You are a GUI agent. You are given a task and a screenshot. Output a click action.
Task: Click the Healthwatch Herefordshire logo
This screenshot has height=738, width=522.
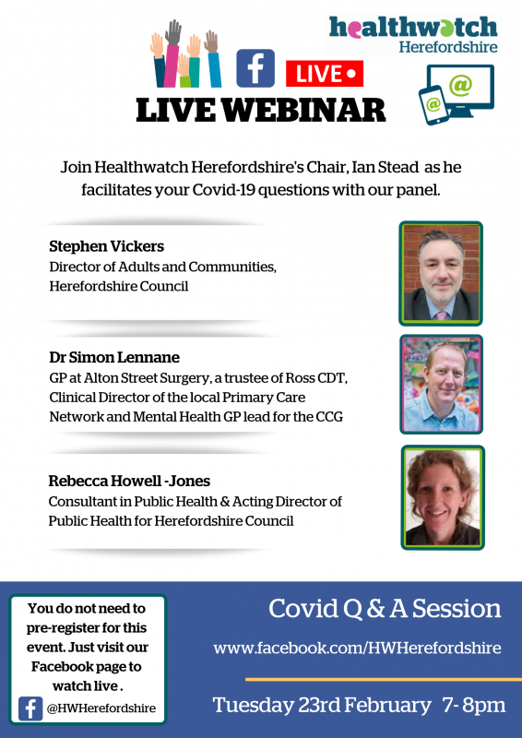pos(413,34)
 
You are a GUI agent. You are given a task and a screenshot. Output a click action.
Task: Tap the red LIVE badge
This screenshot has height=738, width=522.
pos(325,74)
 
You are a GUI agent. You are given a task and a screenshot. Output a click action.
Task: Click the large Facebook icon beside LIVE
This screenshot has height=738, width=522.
pos(255,68)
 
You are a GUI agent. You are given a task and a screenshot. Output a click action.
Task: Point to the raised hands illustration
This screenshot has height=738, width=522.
pos(185,54)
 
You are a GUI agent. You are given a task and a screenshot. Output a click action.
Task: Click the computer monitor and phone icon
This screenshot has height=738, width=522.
pos(457,95)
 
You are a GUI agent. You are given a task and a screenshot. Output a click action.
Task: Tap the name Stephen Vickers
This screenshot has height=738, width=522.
pos(106,246)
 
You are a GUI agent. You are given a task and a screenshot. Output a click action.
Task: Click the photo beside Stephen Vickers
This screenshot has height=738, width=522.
pos(441,273)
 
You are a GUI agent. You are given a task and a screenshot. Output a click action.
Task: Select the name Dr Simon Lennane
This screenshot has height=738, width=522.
pos(114,357)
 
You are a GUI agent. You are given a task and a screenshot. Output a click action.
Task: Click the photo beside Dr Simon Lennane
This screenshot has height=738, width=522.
pos(442,384)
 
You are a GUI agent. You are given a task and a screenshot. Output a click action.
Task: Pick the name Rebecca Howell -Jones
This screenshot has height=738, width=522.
pos(129,481)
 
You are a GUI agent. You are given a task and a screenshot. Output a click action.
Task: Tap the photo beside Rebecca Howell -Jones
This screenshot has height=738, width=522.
pos(443,497)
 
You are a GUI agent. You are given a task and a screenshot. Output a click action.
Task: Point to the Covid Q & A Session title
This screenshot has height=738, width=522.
pos(385,609)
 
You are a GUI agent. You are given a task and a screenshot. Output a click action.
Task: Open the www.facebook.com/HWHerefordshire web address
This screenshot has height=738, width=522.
pos(357,649)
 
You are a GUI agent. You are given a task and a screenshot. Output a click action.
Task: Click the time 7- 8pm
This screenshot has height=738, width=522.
pos(474,705)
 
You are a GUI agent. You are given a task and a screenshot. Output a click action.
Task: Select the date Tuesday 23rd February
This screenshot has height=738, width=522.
pos(322,706)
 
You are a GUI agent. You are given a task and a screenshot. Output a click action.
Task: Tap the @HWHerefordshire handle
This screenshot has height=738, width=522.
pos(101,708)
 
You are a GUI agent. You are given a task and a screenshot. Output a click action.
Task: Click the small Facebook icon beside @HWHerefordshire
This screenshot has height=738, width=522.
pos(30,708)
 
